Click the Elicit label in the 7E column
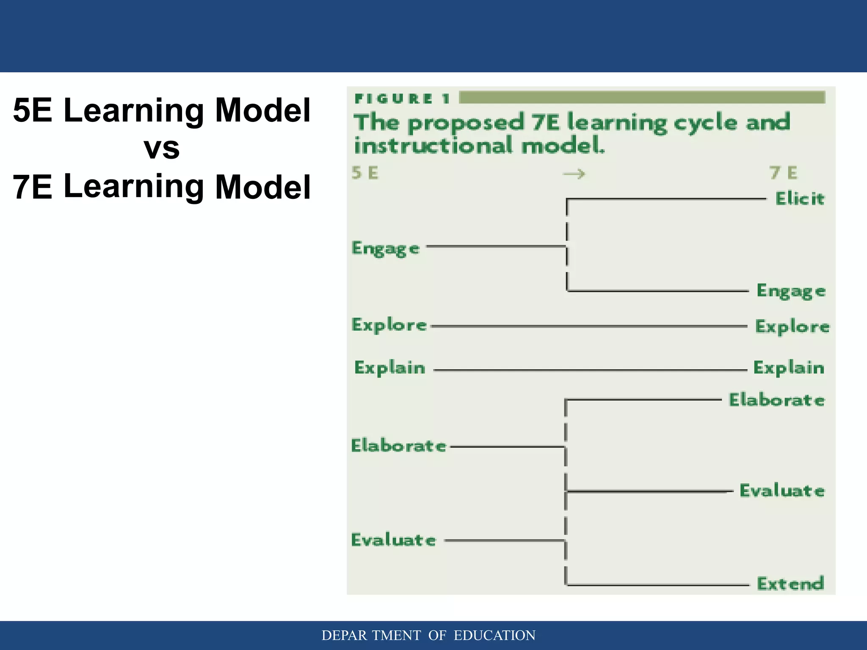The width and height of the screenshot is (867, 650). click(x=800, y=198)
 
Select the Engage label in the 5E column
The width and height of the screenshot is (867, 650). click(x=385, y=248)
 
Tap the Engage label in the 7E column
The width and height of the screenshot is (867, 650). click(x=791, y=291)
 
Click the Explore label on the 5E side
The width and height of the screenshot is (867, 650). click(x=389, y=325)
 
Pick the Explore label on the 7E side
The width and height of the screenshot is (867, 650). click(x=792, y=327)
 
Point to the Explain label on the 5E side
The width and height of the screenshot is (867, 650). click(x=389, y=368)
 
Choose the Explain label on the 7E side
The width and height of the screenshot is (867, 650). click(x=789, y=368)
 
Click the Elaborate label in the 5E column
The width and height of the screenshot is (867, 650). click(x=398, y=446)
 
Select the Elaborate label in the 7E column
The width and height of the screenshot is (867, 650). click(x=776, y=400)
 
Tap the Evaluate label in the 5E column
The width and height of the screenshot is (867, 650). click(x=393, y=540)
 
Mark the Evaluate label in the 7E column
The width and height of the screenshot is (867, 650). click(x=781, y=491)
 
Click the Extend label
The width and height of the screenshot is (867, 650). click(x=790, y=584)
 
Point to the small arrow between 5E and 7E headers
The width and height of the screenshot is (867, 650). click(x=574, y=174)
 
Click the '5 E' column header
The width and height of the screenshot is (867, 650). click(x=365, y=173)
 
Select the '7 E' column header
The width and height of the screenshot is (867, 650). click(x=783, y=173)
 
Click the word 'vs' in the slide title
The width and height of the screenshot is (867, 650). click(x=161, y=148)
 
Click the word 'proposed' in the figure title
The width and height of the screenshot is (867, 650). click(x=466, y=124)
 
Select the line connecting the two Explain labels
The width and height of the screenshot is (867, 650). click(x=590, y=370)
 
